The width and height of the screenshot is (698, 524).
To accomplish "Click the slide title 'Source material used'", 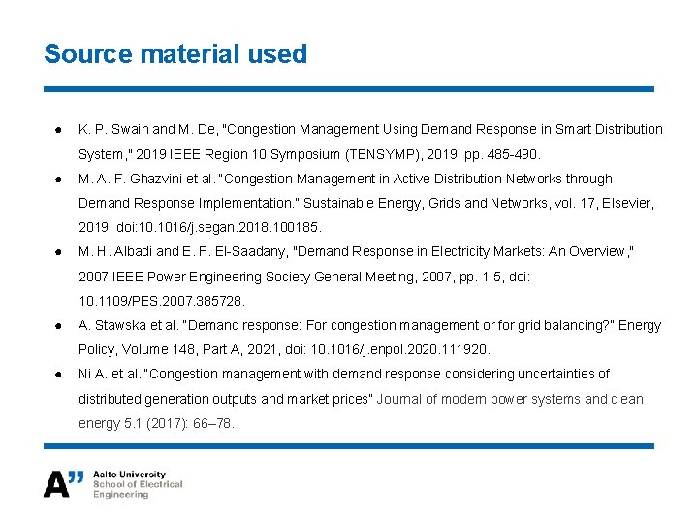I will point(175,54).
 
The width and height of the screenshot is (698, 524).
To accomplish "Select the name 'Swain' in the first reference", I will point(132,129).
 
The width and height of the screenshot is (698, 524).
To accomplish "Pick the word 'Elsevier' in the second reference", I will point(625,204).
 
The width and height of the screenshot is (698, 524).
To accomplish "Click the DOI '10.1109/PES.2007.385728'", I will point(162,301).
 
